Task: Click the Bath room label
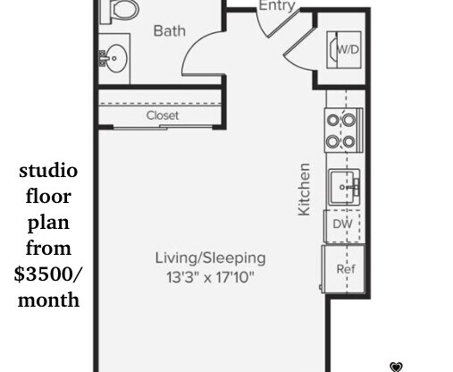(x=170, y=31)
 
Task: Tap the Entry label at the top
(x=276, y=6)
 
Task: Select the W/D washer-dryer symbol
(x=347, y=48)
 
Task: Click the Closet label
(x=163, y=115)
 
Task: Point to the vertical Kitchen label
(x=305, y=188)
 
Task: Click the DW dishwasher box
(x=342, y=224)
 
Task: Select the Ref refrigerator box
(x=344, y=268)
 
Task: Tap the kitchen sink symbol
(x=343, y=187)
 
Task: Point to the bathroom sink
(x=113, y=59)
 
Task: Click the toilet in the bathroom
(x=120, y=10)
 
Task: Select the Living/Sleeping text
(x=210, y=258)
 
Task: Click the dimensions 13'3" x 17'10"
(x=210, y=278)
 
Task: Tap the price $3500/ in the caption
(x=48, y=275)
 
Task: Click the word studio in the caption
(x=48, y=171)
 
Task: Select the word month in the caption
(x=48, y=300)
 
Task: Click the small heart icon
(x=397, y=367)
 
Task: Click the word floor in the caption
(x=48, y=197)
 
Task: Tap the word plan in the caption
(x=48, y=223)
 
